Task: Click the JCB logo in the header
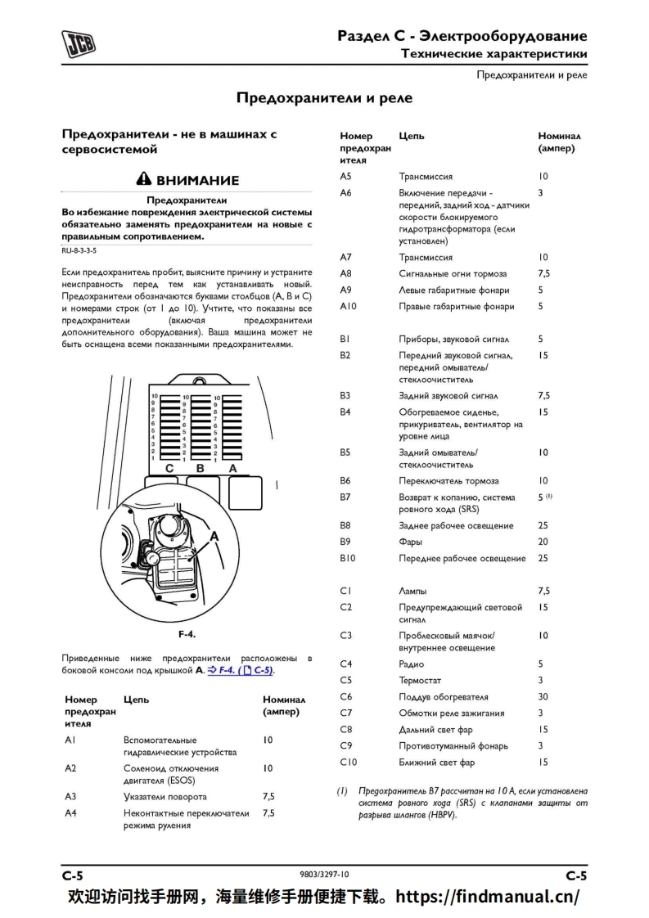pos(79,43)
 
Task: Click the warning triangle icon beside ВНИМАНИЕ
pos(144,180)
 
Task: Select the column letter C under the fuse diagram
pos(169,469)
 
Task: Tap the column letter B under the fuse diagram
pos(200,469)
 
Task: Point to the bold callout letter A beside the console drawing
pos(215,537)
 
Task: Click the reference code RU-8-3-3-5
pos(79,251)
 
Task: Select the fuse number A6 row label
pos(345,192)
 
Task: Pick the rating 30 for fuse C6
pos(543,697)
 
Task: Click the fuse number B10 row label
pos(348,559)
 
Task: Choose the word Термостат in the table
pos(420,681)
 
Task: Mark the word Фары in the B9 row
pos(410,542)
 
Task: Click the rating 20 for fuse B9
pos(543,542)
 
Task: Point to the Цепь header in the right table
pos(412,137)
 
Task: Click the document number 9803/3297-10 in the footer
pos(324,875)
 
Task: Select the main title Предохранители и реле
pos(324,98)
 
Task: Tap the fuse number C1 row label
pos(345,591)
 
